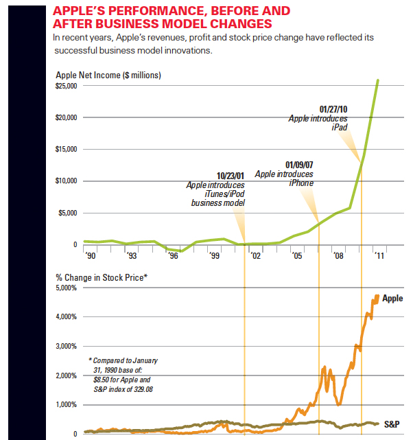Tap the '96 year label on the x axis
point(173,255)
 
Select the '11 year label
point(378,255)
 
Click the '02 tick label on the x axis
point(255,255)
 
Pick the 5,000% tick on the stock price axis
point(67,288)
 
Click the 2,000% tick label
point(67,375)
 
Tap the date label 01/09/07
point(299,165)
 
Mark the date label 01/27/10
point(334,109)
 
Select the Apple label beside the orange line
point(392,299)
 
